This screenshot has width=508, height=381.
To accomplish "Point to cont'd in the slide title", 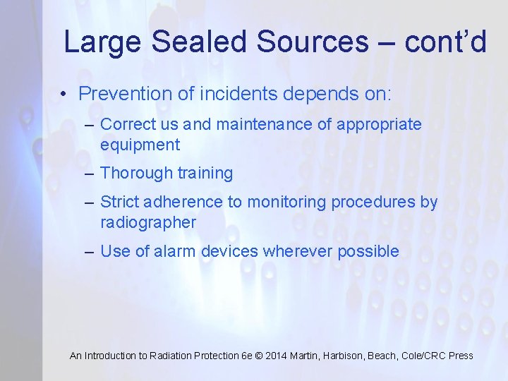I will pyautogui.click(x=445, y=42).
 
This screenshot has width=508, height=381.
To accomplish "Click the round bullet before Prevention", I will pyautogui.click(x=64, y=95).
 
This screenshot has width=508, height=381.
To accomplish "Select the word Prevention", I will pyautogui.click(x=120, y=93).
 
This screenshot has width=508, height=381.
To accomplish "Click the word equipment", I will pyautogui.click(x=140, y=145).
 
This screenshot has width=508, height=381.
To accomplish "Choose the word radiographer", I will pyautogui.click(x=148, y=223).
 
